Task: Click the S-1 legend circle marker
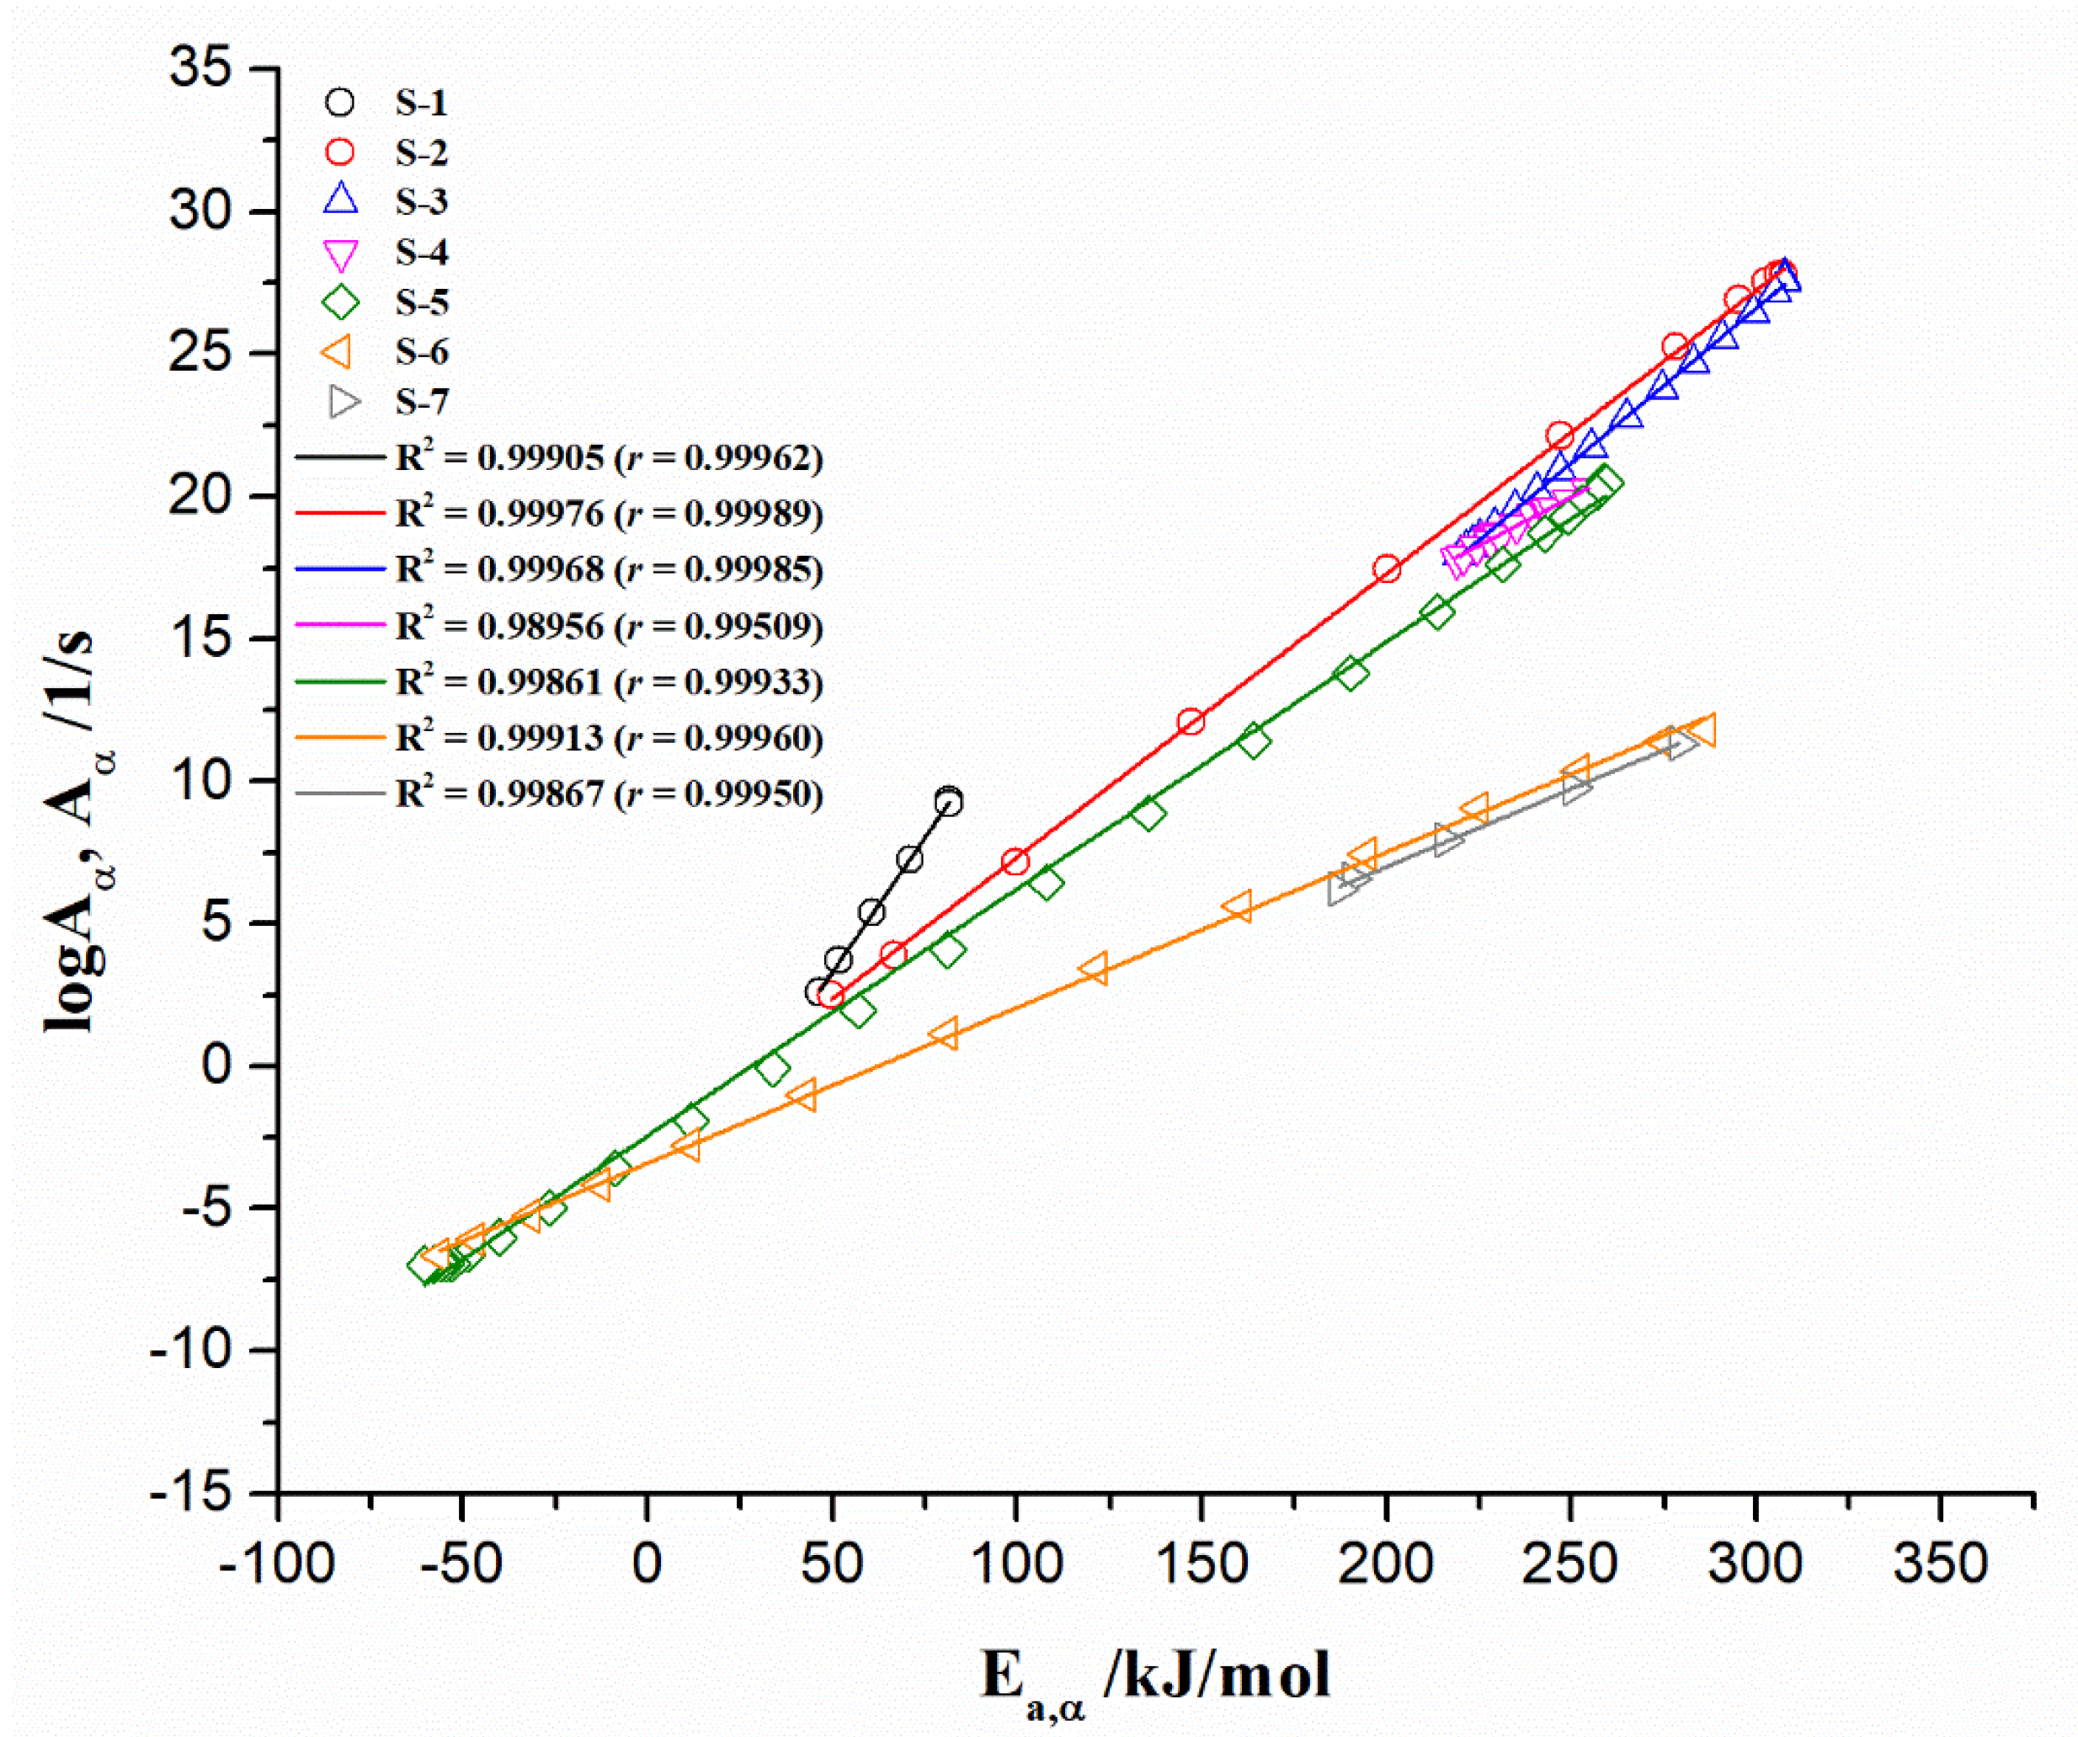coord(339,102)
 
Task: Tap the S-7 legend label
coord(422,402)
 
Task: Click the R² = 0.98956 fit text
coord(609,627)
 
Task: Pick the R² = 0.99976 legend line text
coord(609,514)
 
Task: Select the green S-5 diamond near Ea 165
coord(1254,740)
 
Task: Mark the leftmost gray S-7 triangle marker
coord(1342,889)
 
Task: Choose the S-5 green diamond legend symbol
coord(339,302)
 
